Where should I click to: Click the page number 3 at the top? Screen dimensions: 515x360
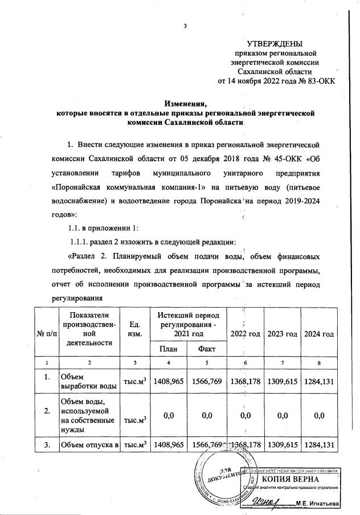tap(185, 26)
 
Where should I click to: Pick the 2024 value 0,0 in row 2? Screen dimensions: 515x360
tap(318, 416)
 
